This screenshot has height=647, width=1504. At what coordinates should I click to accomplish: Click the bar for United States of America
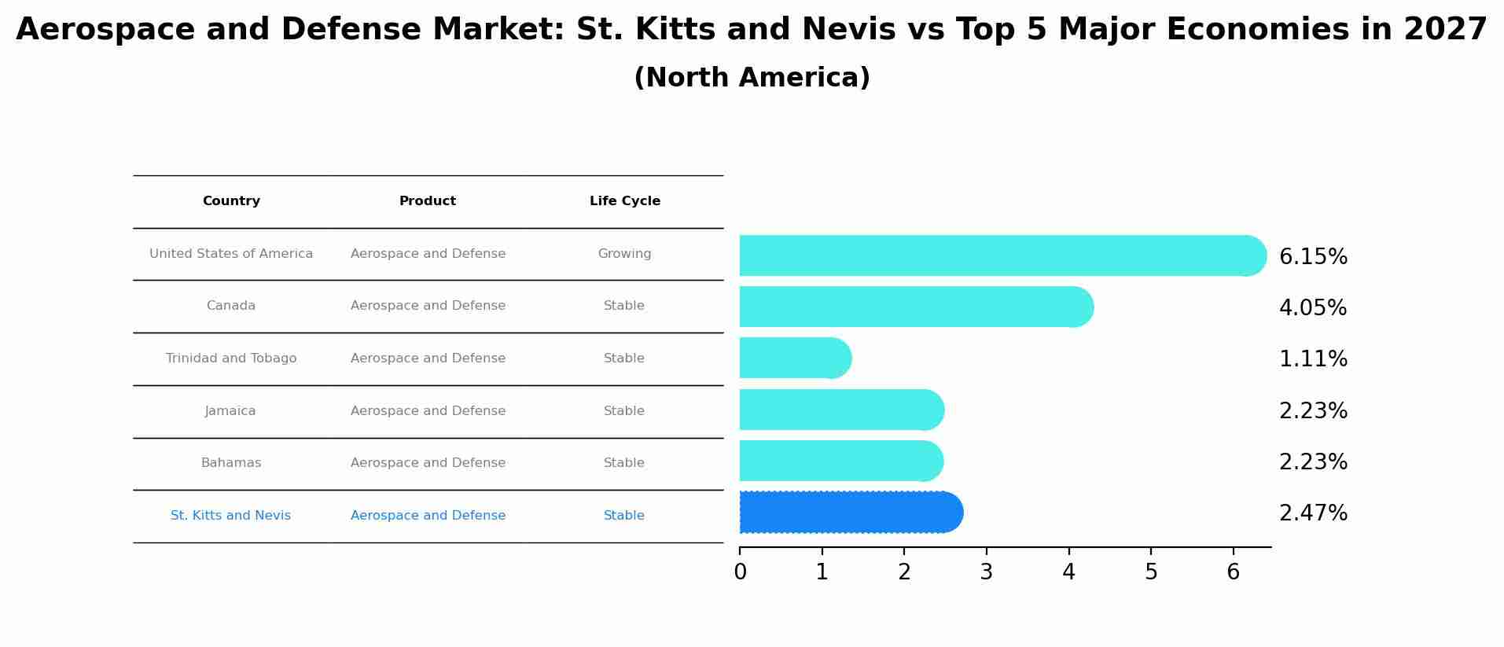(998, 255)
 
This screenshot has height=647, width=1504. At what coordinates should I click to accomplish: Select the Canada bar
(912, 307)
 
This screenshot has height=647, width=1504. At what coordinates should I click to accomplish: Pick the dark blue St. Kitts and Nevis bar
(849, 513)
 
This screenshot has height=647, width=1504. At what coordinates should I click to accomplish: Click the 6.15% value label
(1313, 257)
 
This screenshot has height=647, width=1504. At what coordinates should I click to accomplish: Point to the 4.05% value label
(1313, 308)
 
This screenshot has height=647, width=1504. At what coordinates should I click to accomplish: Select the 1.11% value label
(1313, 359)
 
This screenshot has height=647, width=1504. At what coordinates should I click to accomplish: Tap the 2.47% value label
(1313, 513)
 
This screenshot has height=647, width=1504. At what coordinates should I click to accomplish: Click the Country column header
(231, 201)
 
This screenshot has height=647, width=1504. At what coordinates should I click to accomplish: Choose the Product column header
(428, 201)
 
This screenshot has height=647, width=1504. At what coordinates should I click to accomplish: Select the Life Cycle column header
(625, 201)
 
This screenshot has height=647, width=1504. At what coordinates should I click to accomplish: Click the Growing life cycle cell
(624, 254)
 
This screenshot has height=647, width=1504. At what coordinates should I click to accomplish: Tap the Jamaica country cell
(230, 411)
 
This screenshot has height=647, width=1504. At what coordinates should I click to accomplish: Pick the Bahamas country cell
(231, 463)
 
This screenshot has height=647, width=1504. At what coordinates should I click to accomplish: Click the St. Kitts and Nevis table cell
(230, 516)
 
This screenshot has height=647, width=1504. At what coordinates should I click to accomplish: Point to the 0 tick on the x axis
(740, 572)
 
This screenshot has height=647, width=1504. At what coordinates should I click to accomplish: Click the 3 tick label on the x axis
(987, 572)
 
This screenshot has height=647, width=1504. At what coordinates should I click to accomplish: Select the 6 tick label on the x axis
(1233, 572)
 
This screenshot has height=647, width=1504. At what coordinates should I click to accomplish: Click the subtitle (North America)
(752, 78)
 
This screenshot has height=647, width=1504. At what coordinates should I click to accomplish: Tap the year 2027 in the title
(1445, 30)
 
